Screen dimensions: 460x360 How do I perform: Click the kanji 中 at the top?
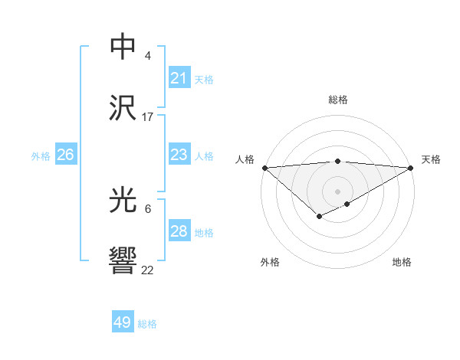tap(124, 47)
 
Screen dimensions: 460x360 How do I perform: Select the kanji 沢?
tap(124, 108)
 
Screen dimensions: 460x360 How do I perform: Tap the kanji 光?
tap(124, 201)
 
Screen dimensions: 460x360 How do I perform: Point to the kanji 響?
tap(124, 262)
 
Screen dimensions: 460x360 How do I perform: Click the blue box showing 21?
tap(179, 78)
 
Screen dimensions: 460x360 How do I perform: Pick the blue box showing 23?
tap(179, 155)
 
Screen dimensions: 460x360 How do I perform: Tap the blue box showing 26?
tap(65, 155)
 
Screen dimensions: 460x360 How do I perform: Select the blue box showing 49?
tap(123, 322)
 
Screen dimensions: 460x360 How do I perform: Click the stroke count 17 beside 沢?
tap(148, 117)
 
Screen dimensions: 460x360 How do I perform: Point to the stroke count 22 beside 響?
tap(148, 270)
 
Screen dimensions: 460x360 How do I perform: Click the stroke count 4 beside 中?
tap(148, 56)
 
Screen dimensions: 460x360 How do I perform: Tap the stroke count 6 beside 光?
tap(148, 209)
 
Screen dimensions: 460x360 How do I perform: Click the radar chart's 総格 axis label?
tap(338, 100)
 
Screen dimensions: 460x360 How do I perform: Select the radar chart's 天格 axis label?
tap(431, 159)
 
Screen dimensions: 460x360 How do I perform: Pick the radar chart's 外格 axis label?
tap(270, 262)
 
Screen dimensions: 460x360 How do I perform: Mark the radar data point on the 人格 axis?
tap(264, 168)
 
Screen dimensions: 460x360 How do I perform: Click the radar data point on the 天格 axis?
tap(411, 168)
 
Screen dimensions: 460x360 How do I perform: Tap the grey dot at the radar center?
tap(337, 191)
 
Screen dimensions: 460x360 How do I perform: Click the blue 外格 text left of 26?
tap(41, 156)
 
